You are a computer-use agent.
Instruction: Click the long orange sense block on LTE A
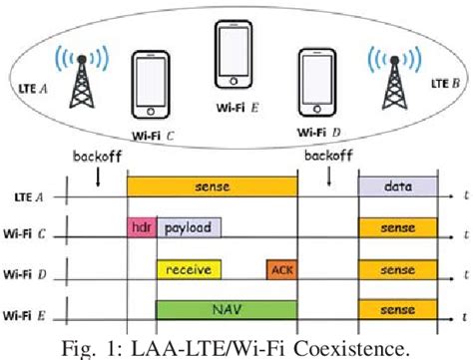coord(212,186)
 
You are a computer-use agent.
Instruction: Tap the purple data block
coord(397,186)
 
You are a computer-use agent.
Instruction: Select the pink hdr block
coord(140,227)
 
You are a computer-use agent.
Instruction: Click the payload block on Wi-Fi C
coord(189,227)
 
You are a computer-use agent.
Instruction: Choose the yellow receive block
coord(189,268)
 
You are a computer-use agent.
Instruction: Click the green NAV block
coord(226,309)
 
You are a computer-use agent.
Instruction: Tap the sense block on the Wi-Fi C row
coord(397,227)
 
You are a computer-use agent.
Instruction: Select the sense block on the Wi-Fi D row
coord(397,268)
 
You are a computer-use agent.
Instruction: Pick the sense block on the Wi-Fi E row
coord(397,309)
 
